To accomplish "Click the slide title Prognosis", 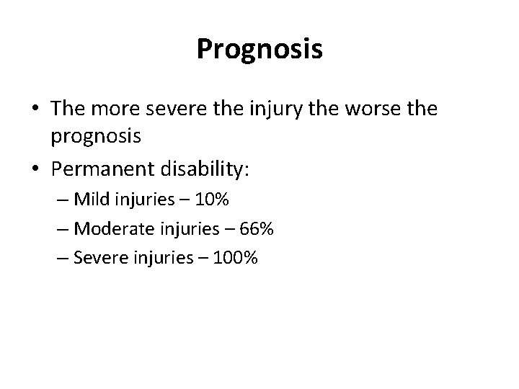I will tap(259, 50).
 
